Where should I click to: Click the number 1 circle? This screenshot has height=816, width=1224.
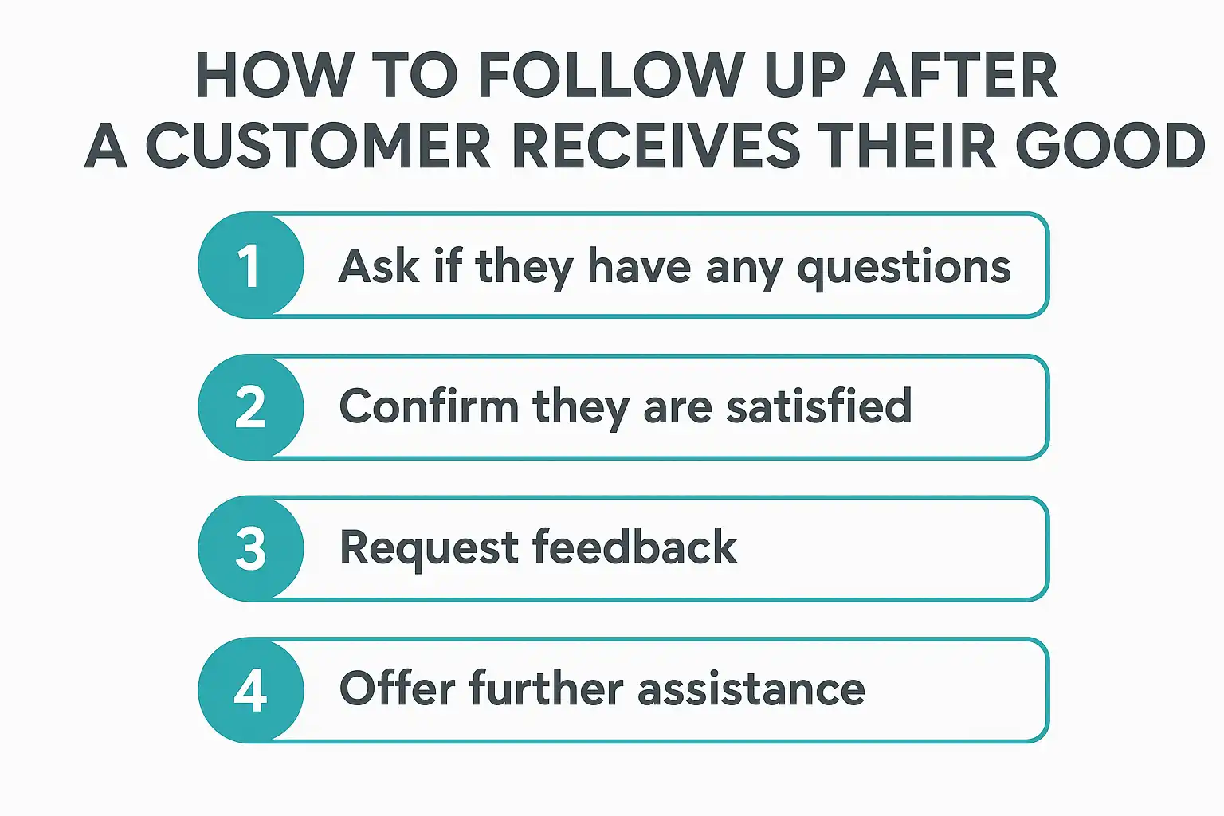[251, 265]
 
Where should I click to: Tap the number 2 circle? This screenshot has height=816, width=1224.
[251, 407]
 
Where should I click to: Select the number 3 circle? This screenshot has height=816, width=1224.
[251, 549]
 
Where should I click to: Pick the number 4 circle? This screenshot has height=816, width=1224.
[251, 690]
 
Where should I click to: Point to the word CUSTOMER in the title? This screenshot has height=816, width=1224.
[319, 145]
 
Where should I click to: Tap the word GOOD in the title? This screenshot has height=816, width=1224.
[1110, 145]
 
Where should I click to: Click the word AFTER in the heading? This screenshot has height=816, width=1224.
[960, 75]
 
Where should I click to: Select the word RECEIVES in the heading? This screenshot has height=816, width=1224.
[656, 145]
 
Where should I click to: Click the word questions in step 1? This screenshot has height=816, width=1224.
[904, 267]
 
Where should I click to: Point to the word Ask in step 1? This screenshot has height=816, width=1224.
[379, 265]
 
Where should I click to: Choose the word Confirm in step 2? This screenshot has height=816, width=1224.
[429, 406]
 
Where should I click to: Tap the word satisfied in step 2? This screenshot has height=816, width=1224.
[819, 406]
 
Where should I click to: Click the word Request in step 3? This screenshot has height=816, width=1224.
[430, 549]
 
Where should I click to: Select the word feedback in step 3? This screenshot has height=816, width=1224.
[635, 547]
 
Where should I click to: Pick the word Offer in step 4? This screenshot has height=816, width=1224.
[398, 688]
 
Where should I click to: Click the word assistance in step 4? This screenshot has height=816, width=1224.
[751, 689]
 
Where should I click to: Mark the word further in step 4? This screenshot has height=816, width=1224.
[547, 688]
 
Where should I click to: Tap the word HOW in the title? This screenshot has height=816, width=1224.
[272, 75]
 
